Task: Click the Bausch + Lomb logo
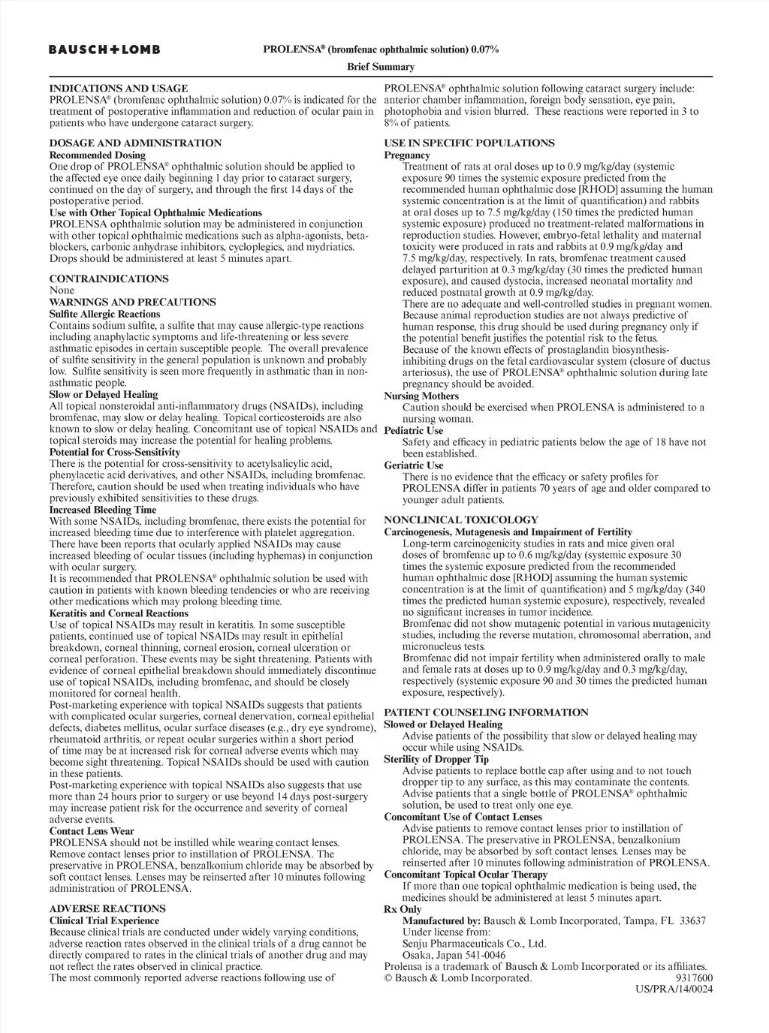104,50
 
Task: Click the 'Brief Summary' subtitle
381,67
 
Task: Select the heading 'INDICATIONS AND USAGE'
119,88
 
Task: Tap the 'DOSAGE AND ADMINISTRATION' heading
135,143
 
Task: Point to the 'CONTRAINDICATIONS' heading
109,279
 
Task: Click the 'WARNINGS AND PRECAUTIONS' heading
132,302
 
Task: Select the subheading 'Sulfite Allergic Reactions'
104,314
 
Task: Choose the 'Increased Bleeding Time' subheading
103,510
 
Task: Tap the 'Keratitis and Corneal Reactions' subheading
119,613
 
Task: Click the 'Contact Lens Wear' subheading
92,831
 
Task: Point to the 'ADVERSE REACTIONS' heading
107,908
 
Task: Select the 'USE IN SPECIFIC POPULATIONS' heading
469,143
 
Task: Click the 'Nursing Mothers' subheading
421,396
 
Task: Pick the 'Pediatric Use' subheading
414,430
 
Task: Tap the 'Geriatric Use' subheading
414,465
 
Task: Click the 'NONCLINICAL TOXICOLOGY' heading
461,520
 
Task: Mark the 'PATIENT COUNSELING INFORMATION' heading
486,712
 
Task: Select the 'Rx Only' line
403,908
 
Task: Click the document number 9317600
694,977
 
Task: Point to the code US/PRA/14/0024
674,989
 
